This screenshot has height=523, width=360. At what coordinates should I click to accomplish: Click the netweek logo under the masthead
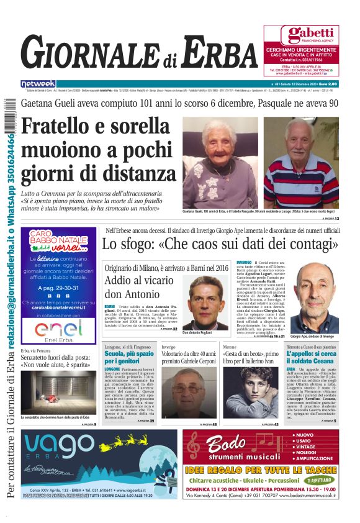click(38, 83)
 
